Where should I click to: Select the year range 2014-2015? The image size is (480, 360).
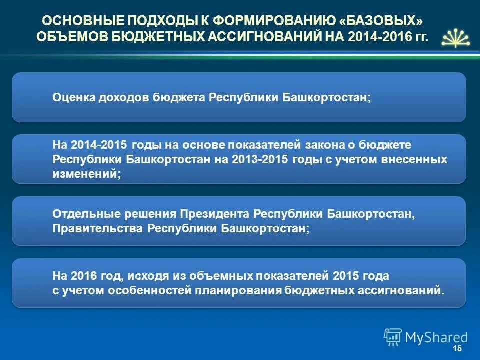tap(100, 145)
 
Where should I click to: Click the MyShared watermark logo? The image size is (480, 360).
tap(426, 337)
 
